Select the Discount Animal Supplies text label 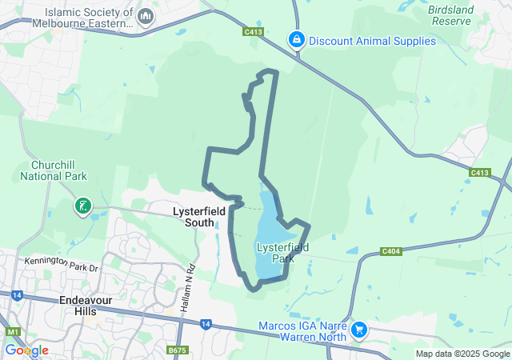coord(372,41)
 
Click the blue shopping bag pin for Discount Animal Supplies coord(297,39)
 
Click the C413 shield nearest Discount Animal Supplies coord(254,32)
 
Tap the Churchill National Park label coord(54,170)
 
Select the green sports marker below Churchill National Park coord(82,207)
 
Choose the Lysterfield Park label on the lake coord(277,253)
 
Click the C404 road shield coord(391,252)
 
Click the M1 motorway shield coord(12,331)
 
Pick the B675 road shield coord(178,350)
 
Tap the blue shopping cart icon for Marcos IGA coord(359,328)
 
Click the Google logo coord(26,350)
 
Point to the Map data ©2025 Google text coord(462,354)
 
